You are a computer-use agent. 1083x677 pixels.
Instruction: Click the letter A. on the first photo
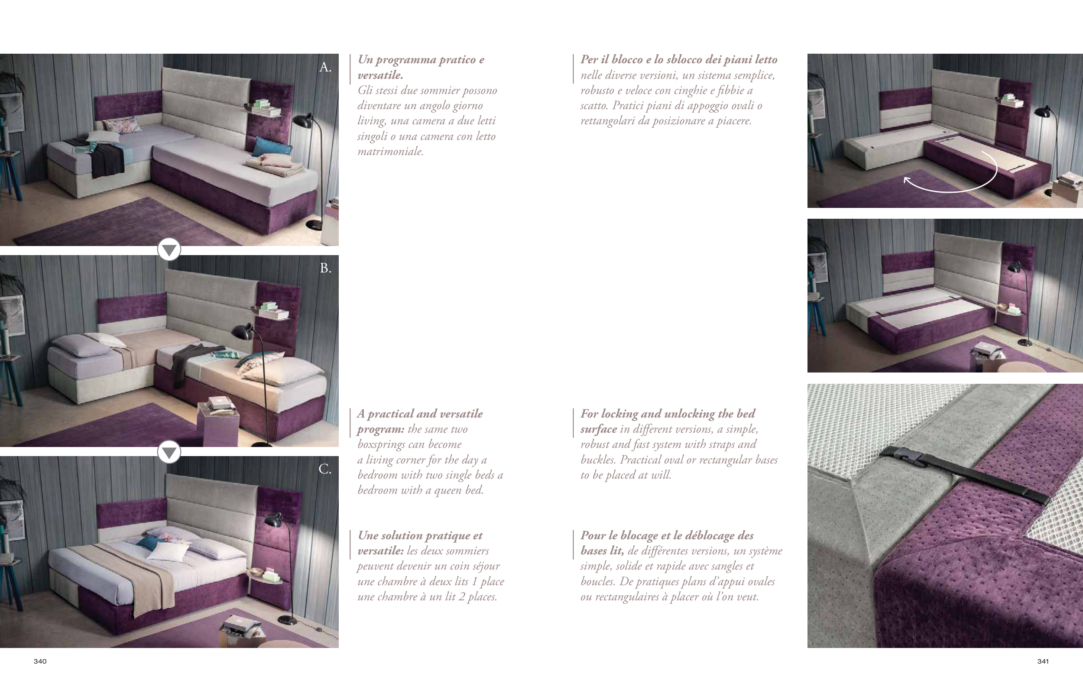point(325,67)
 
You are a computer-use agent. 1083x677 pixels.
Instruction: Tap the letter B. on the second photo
point(325,268)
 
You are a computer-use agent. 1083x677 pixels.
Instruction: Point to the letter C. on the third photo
point(325,469)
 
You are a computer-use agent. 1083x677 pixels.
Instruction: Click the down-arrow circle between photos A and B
point(169,249)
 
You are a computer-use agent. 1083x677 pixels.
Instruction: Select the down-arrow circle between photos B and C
point(169,452)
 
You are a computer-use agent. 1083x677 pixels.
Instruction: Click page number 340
point(40,661)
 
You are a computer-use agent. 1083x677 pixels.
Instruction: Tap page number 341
point(1043,661)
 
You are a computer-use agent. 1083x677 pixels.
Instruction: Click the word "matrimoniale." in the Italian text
point(390,151)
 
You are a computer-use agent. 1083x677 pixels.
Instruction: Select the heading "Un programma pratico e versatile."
point(420,67)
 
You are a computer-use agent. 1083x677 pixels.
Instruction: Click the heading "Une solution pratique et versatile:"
point(420,543)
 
